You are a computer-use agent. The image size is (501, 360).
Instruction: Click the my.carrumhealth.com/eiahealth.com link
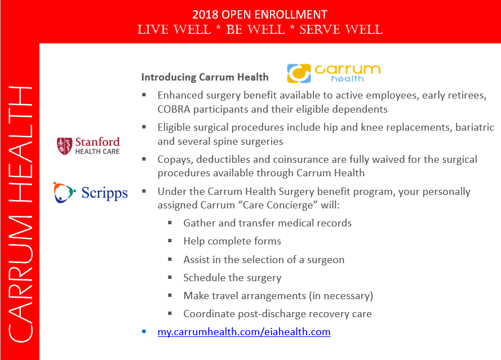[x=244, y=332]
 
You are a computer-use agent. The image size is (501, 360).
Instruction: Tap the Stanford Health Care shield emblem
[x=65, y=146]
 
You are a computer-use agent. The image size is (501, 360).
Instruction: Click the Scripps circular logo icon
[x=64, y=192]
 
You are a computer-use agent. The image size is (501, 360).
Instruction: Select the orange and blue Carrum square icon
[x=299, y=73]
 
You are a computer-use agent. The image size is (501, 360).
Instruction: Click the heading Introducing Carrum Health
[x=205, y=77]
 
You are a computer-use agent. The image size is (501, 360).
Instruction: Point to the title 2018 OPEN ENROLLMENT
[x=260, y=15]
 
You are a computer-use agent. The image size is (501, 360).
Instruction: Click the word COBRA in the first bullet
[x=174, y=109]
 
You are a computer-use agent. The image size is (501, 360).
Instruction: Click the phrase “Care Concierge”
[x=278, y=205]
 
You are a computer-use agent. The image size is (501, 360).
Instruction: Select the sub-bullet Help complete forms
[x=232, y=241]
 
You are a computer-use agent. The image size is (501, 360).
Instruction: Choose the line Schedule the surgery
[x=232, y=278]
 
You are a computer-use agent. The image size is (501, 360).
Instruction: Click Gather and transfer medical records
[x=268, y=223]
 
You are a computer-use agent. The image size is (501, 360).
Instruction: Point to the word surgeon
[x=326, y=260]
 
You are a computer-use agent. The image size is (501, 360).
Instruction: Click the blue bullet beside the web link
[x=144, y=332]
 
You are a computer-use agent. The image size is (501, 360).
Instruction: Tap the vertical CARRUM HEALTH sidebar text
[x=20, y=214]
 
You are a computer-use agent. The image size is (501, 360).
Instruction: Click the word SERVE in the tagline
[x=320, y=30]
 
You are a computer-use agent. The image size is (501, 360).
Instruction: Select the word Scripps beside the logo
[x=104, y=193]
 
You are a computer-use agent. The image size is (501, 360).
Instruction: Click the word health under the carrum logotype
[x=347, y=78]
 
